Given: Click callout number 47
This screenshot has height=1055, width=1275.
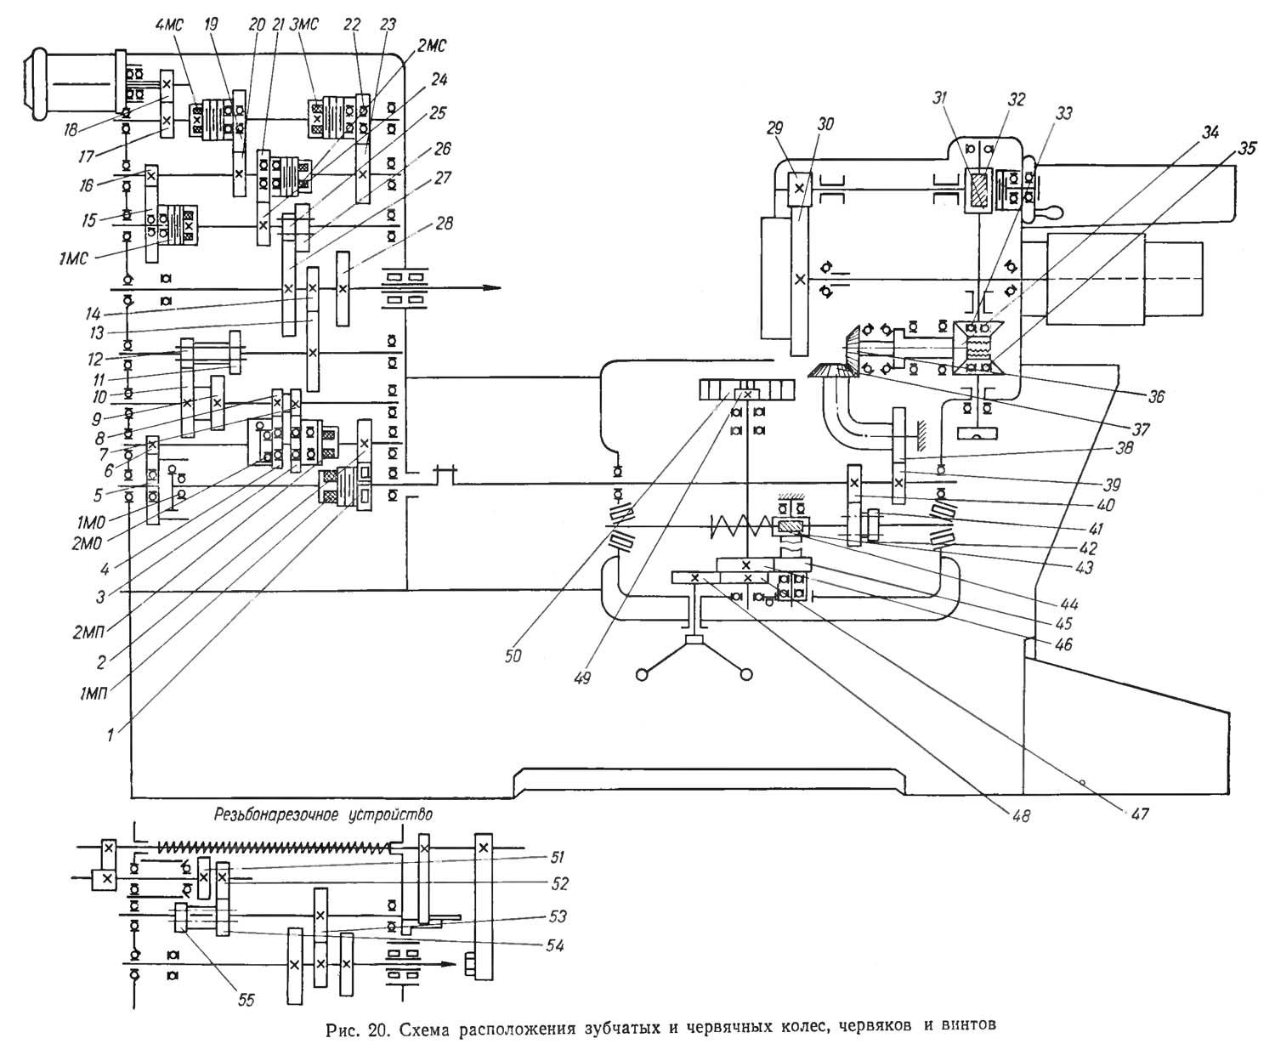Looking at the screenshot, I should coord(1138,814).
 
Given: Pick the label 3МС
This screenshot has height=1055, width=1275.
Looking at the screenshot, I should coord(303,25).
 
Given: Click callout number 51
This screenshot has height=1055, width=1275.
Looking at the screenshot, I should coord(557,857).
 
